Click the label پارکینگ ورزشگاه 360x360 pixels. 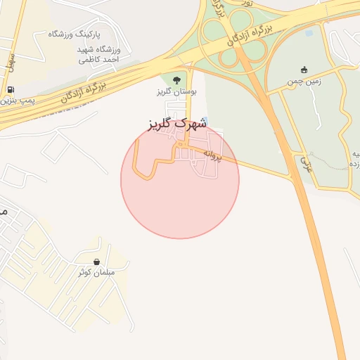tap(74, 34)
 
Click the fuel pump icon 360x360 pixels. tap(10, 90)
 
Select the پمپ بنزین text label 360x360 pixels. tap(15, 101)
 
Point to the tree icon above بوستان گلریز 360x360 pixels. tap(176, 79)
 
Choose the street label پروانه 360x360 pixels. tap(212, 155)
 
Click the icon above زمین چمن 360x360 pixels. tap(304, 70)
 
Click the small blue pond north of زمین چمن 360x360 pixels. tap(308, 32)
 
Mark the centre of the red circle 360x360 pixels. tap(180, 180)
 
